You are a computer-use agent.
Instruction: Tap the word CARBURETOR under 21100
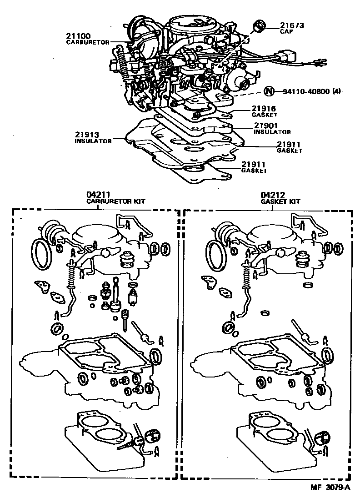click(88, 42)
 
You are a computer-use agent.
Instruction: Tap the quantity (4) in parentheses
click(336, 91)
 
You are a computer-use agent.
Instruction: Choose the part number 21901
click(266, 126)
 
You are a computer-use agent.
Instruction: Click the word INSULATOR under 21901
click(272, 132)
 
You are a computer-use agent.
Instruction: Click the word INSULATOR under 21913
click(93, 141)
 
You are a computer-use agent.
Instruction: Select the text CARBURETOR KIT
click(116, 201)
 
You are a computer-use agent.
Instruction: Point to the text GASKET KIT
click(280, 201)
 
